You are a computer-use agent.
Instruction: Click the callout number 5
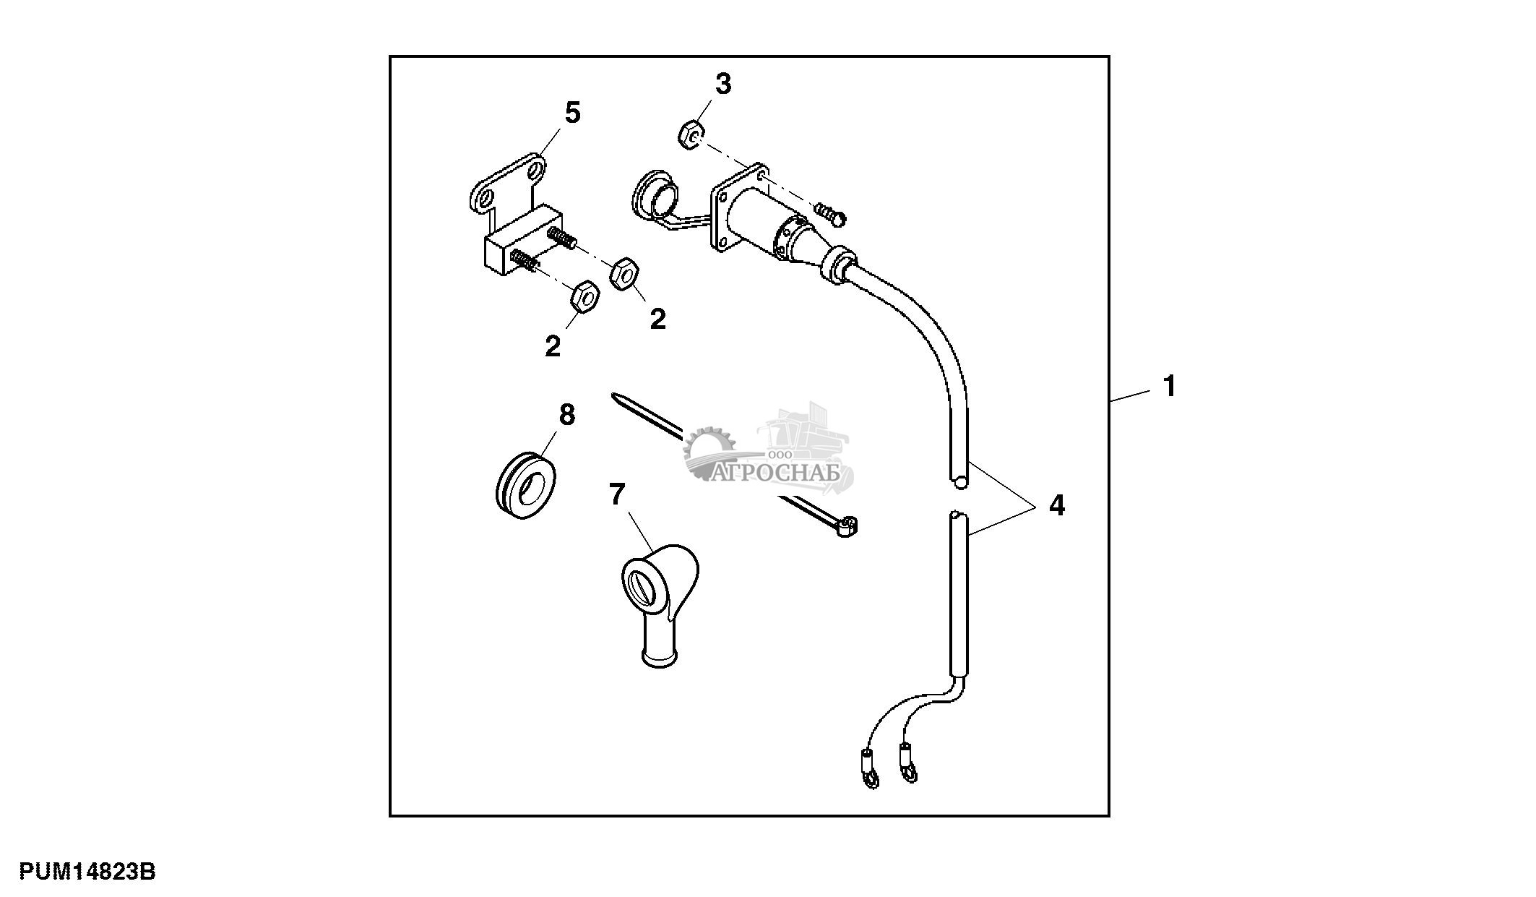[x=572, y=113]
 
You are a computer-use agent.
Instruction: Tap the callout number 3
[x=723, y=85]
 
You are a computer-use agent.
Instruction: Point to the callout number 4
[x=1056, y=505]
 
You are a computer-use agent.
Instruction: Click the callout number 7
[x=616, y=495]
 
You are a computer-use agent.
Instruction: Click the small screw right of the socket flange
[x=831, y=212]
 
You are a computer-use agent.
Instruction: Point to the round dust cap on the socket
[x=657, y=194]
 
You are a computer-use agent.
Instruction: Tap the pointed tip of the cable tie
[x=614, y=395]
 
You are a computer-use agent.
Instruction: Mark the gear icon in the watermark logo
[x=710, y=452]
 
